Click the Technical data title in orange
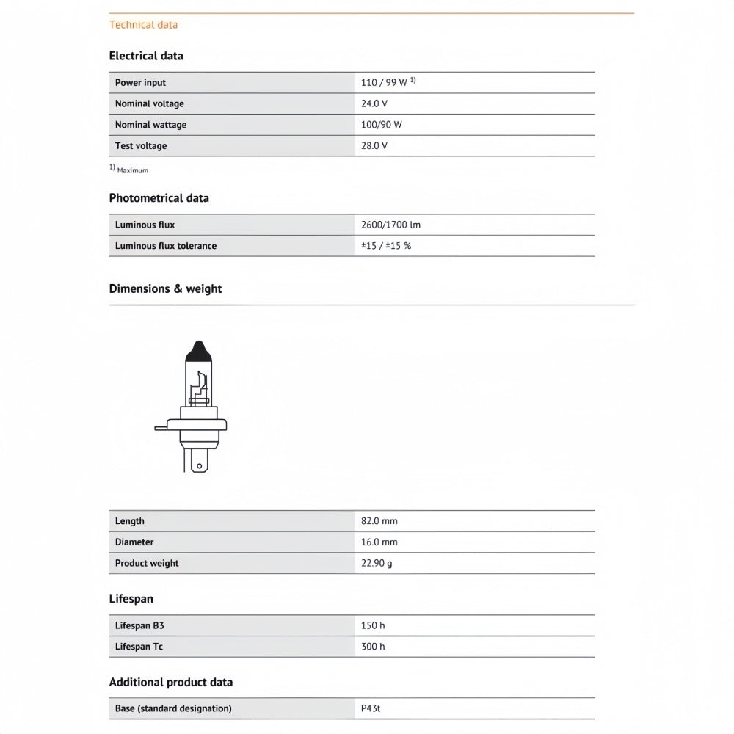coord(143,25)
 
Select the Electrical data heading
coord(146,56)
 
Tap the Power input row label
coord(140,83)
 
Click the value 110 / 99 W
coord(384,83)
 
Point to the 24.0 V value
coord(374,104)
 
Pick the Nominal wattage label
coord(150,125)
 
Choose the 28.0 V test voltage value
coord(374,146)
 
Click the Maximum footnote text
coord(132,170)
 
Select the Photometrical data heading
coord(159,198)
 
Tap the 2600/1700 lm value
coord(390,225)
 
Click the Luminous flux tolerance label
coord(165,246)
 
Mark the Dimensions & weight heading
coord(165,289)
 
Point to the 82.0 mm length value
coord(379,521)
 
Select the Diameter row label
coord(134,542)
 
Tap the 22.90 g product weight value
coord(377,564)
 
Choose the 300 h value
coord(373,647)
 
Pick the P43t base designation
coord(371,708)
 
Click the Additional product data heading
coord(170,683)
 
